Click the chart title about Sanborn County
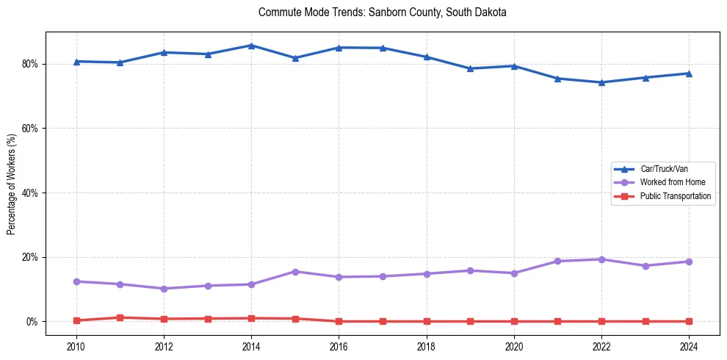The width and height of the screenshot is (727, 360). click(x=383, y=13)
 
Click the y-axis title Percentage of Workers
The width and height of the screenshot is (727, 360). click(x=11, y=184)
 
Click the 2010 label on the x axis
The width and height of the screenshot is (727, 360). click(x=76, y=346)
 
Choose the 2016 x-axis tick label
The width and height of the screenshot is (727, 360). click(x=339, y=346)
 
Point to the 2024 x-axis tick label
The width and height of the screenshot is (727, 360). click(x=689, y=346)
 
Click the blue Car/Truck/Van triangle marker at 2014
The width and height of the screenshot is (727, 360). click(x=251, y=46)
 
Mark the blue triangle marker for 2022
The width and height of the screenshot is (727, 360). click(x=601, y=82)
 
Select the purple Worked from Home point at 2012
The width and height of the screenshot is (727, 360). click(x=164, y=289)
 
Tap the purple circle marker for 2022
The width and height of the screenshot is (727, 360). click(x=601, y=259)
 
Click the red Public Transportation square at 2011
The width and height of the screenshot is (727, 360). click(x=120, y=317)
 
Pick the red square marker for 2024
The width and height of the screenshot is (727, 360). click(x=689, y=321)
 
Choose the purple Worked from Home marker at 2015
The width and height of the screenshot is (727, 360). click(x=295, y=272)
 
